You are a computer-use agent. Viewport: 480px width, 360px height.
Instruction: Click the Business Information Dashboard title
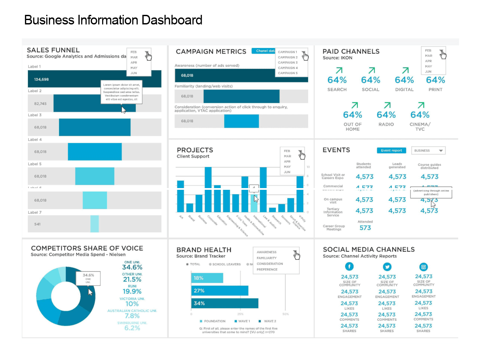113,20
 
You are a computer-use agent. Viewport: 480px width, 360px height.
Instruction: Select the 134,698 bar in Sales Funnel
94,79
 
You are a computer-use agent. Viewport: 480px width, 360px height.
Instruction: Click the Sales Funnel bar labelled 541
94,224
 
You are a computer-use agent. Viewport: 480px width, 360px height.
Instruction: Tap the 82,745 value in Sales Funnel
38,103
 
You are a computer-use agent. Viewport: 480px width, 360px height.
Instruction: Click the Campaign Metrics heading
211,51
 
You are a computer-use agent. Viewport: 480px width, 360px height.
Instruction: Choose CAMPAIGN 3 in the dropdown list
288,62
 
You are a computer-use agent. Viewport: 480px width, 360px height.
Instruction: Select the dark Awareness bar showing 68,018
241,75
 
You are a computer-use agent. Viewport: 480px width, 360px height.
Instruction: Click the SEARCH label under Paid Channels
337,89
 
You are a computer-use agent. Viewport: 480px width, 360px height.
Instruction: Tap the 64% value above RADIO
386,115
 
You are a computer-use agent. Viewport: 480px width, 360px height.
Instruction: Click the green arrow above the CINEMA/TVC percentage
421,105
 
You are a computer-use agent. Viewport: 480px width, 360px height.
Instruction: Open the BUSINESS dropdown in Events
429,151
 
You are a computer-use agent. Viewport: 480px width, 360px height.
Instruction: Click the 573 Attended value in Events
365,228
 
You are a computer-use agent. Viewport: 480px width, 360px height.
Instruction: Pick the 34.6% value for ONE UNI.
132,267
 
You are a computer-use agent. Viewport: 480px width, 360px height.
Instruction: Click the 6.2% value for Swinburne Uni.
132,328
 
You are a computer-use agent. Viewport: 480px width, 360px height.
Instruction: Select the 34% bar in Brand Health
225,303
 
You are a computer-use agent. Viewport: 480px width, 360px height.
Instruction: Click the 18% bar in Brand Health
207,278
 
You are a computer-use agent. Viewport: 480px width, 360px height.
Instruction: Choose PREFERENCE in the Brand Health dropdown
267,270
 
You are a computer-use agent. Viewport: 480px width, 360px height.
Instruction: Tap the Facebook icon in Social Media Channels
349,267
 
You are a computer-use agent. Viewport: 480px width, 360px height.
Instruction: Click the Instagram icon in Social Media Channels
423,267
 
